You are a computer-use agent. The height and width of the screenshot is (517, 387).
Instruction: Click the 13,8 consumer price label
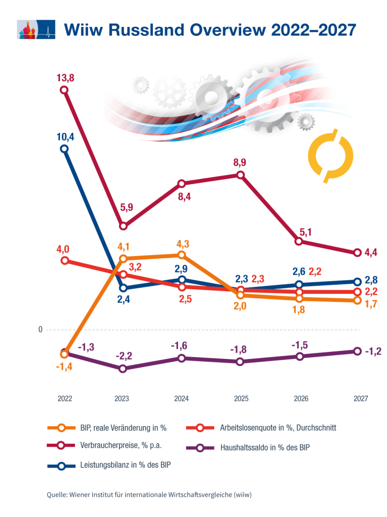tap(64, 78)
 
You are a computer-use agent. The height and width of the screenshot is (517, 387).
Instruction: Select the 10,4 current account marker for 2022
tap(64, 149)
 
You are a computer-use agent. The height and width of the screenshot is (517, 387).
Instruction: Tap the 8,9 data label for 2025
tap(240, 163)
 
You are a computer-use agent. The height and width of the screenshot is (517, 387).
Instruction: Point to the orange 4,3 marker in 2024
tap(182, 255)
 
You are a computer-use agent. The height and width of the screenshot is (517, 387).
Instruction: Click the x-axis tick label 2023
tap(122, 398)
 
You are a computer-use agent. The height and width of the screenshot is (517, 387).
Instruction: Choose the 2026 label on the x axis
tap(301, 398)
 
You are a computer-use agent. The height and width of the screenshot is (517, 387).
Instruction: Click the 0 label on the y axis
tap(40, 330)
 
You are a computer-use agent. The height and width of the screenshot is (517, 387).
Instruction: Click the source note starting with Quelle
tap(149, 495)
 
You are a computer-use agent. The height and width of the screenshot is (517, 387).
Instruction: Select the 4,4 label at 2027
tap(373, 252)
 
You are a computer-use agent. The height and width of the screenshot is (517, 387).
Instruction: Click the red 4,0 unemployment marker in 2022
tap(64, 261)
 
